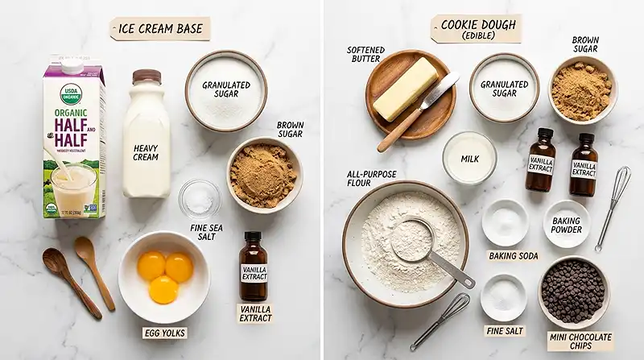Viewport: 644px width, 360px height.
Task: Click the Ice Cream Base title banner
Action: (x=159, y=29)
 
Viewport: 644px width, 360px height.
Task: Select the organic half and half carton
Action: (x=73, y=141)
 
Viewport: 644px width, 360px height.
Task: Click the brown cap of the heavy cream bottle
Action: (x=146, y=77)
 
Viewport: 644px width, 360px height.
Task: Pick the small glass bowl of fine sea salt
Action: (x=198, y=197)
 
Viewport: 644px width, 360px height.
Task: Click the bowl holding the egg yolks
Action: (x=164, y=276)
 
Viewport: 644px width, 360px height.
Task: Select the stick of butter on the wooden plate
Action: (x=405, y=88)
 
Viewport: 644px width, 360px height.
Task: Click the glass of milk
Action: (x=469, y=158)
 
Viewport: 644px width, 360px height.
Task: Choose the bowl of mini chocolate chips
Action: (x=573, y=292)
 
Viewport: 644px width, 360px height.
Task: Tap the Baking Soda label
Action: (x=514, y=256)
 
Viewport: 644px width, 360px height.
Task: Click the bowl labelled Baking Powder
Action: (x=566, y=222)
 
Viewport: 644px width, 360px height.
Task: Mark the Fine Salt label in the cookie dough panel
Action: (x=505, y=330)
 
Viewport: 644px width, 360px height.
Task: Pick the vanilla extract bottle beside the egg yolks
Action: (x=254, y=267)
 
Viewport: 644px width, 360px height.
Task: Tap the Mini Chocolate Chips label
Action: (x=580, y=341)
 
